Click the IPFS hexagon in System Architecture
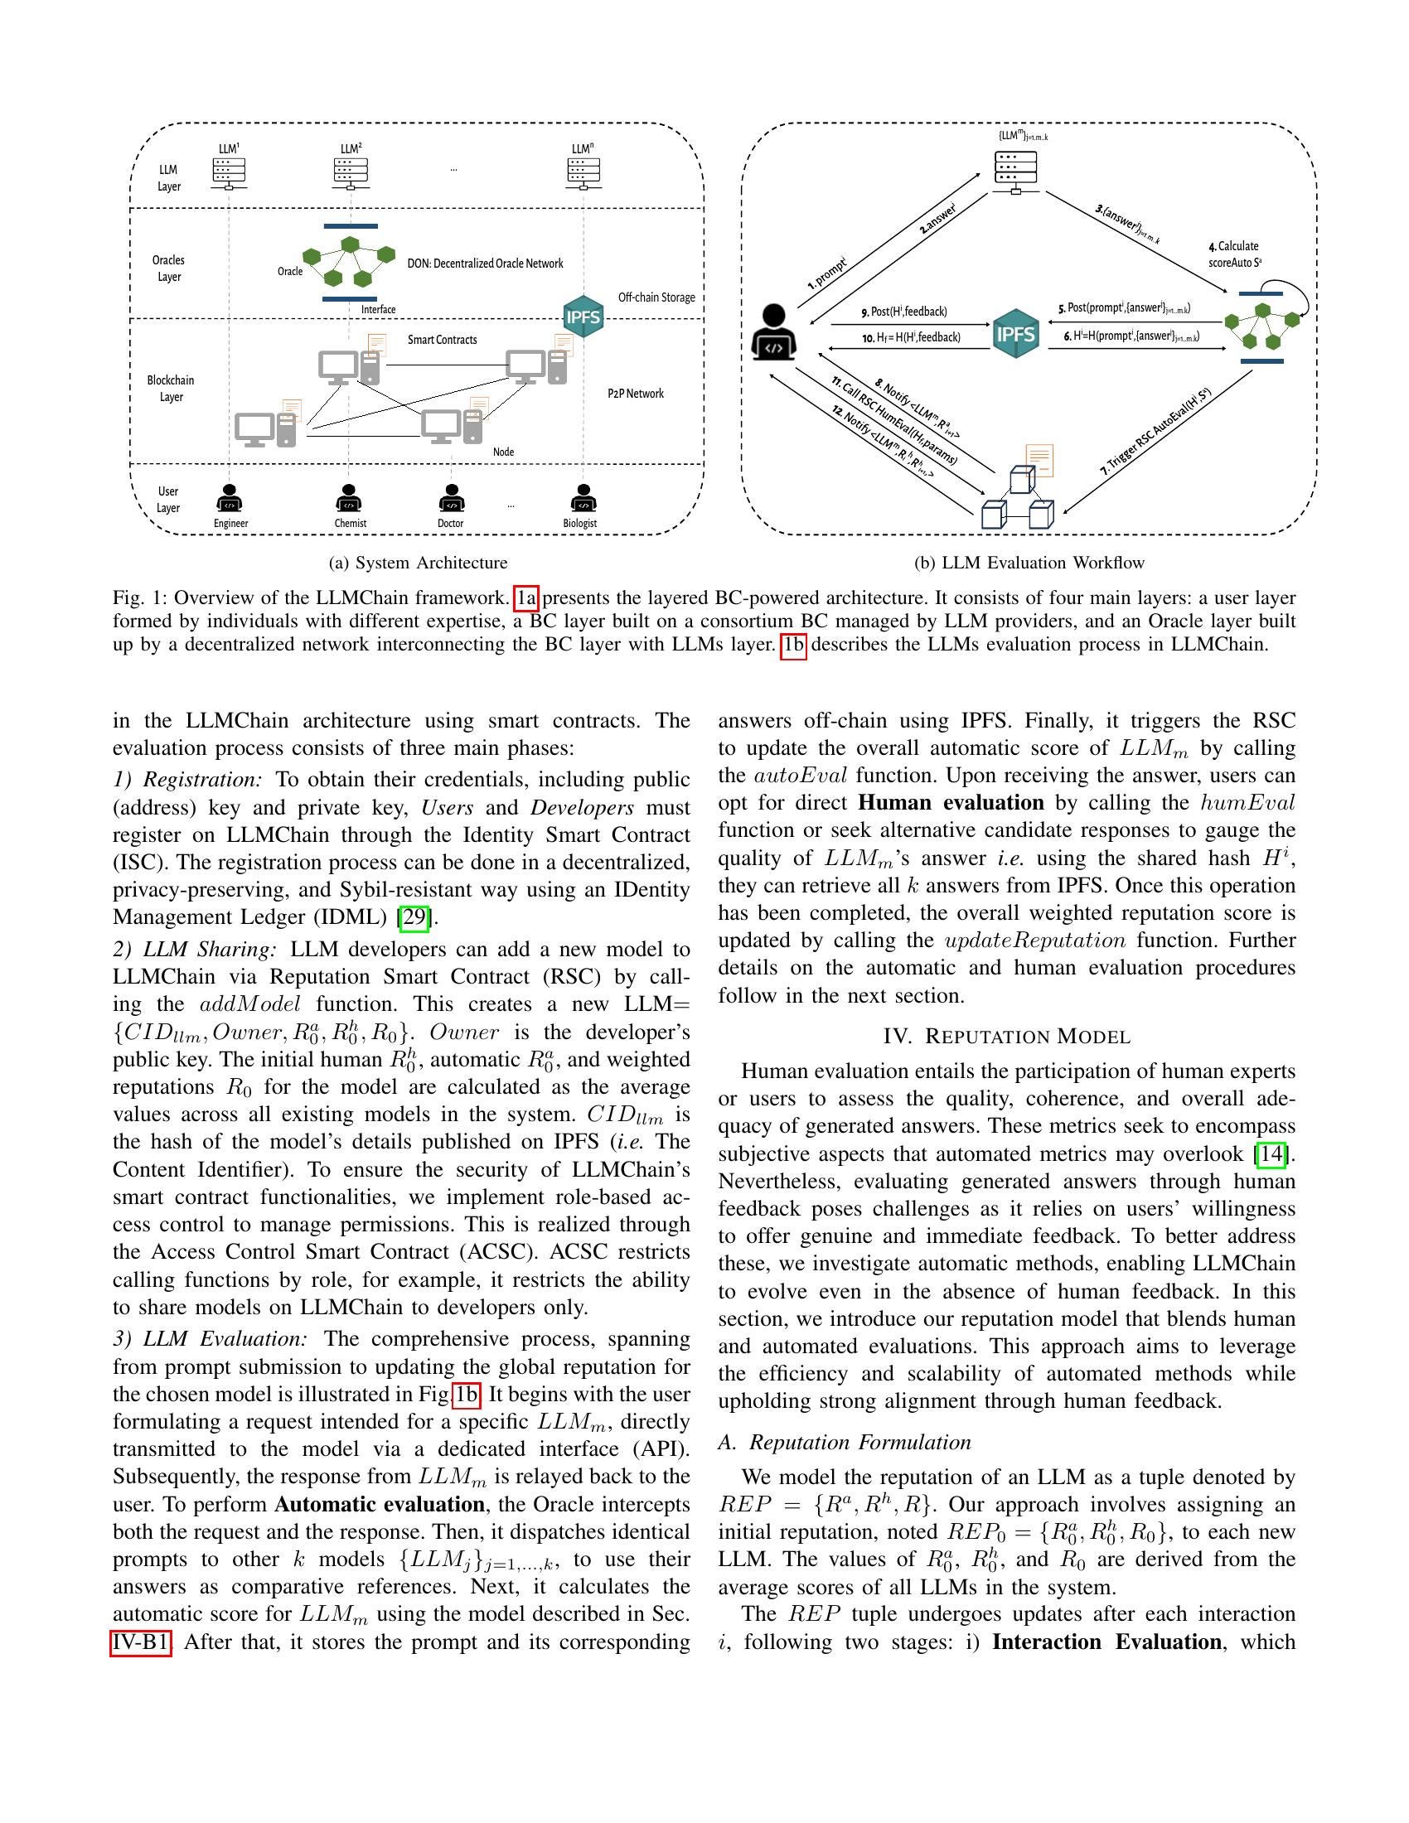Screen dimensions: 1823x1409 (x=583, y=317)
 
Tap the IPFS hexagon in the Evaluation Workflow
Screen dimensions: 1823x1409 (x=1016, y=334)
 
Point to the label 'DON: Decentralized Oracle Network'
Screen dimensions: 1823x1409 (x=485, y=264)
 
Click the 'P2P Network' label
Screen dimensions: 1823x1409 (x=635, y=394)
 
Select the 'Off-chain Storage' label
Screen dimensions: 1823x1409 (x=656, y=297)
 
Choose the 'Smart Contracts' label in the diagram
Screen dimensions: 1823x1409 (x=443, y=340)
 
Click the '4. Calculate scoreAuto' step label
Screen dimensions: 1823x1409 (x=1235, y=254)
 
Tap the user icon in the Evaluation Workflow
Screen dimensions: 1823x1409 (x=775, y=333)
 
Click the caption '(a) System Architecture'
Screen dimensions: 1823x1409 (x=419, y=563)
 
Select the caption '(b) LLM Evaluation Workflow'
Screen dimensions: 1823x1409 (x=1029, y=563)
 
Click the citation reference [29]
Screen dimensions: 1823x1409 (x=414, y=917)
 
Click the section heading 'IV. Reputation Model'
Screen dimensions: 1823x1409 (x=1007, y=1037)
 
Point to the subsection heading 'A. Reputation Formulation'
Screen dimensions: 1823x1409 (x=845, y=1443)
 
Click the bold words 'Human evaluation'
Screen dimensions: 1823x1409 (x=951, y=803)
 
